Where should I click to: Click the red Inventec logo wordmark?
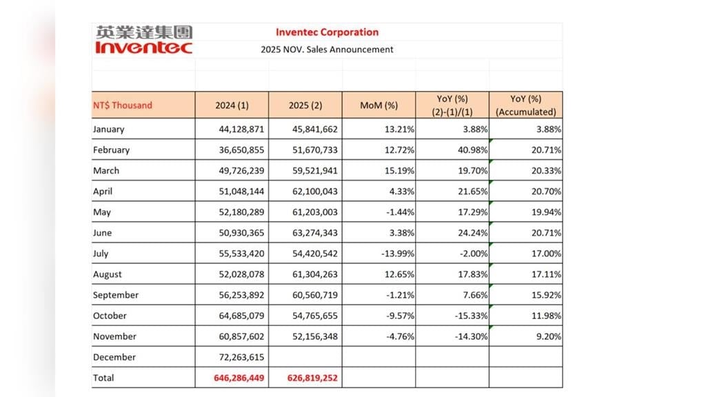click(x=143, y=48)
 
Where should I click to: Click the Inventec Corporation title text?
click(x=327, y=32)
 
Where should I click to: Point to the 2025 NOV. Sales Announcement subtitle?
click(x=327, y=50)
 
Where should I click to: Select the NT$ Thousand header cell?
click(x=123, y=105)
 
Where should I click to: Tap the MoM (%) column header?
click(x=379, y=105)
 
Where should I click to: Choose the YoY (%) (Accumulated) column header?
click(x=526, y=105)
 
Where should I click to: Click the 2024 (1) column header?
click(x=232, y=105)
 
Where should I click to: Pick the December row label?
click(x=114, y=357)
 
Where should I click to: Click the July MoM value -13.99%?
click(x=398, y=253)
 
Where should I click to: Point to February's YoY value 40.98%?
click(x=470, y=150)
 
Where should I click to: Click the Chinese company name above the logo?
click(x=144, y=32)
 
